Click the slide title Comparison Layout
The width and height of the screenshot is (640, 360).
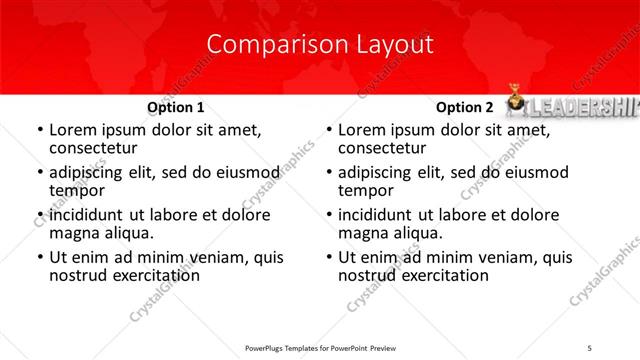point(320,45)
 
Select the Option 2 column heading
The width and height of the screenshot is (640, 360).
point(464,107)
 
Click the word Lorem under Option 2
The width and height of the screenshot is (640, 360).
point(363,130)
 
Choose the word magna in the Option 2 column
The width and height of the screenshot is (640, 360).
point(364,234)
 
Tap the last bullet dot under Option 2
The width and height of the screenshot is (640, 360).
point(328,258)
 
